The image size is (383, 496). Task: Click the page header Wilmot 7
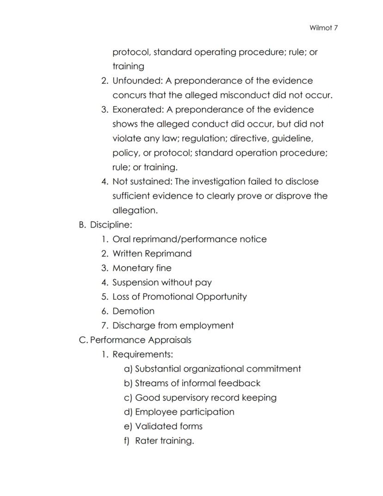(323, 28)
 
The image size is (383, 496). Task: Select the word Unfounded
(136, 81)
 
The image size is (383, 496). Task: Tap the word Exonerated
(137, 109)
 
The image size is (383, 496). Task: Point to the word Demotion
(133, 311)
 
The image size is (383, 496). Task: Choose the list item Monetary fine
(142, 268)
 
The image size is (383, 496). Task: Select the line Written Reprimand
(152, 253)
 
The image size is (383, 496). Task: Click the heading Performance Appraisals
(140, 340)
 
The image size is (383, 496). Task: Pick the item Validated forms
(168, 426)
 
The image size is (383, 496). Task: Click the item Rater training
(164, 440)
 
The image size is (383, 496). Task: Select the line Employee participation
(185, 412)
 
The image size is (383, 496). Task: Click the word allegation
(135, 210)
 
